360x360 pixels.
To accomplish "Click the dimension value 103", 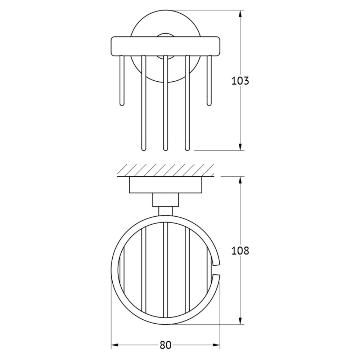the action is (240, 81).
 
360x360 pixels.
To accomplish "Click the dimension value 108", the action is (240, 251).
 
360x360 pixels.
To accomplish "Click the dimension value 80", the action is (165, 339).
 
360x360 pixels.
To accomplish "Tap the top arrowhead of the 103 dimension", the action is (240, 14).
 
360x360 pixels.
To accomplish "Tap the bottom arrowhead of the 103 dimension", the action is (240, 147).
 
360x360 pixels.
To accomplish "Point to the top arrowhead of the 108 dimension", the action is (240, 180).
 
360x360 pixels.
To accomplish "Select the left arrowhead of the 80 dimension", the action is (114, 339).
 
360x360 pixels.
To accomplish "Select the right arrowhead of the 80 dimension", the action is (216, 339).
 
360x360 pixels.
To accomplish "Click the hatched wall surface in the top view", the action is (166, 170).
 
